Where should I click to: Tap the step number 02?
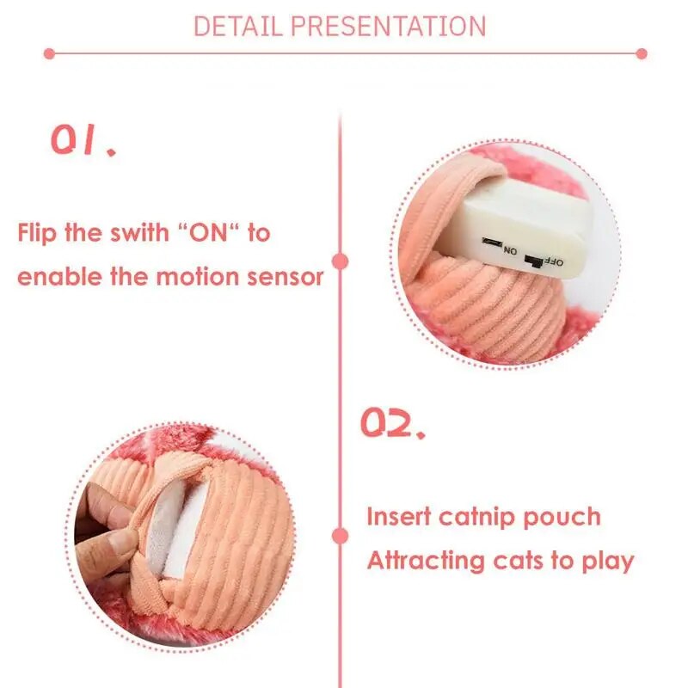[392, 423]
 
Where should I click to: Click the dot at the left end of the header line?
[48, 53]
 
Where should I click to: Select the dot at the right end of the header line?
[641, 53]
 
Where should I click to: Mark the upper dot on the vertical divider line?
[341, 260]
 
